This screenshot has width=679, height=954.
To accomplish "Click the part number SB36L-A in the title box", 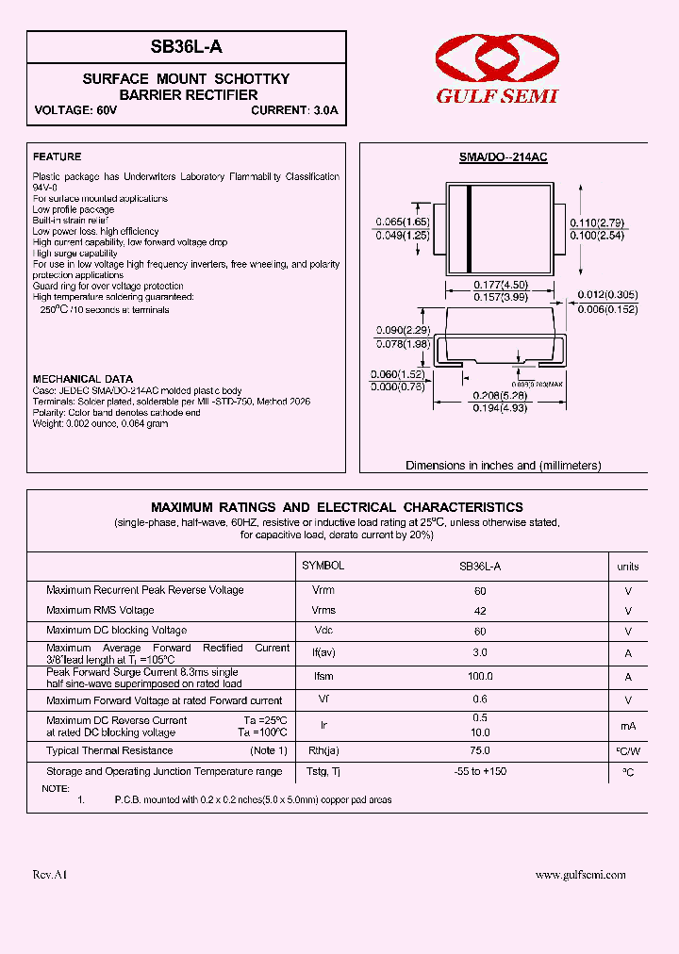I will coord(186,47).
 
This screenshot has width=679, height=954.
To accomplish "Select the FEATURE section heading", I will coord(58,156).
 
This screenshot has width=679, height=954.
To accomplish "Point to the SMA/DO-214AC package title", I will coord(504,157).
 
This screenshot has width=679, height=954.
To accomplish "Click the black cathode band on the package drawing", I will coord(469,230).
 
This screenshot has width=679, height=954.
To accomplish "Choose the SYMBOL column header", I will coord(323,566).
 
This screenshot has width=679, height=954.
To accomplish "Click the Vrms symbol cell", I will coord(323,610).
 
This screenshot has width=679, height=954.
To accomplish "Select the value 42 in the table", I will coord(480,610).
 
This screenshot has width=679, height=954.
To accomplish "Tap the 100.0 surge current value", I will coord(480,676).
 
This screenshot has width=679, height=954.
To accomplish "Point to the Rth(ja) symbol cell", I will coord(323,750).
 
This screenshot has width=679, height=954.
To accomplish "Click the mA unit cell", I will coord(627,726).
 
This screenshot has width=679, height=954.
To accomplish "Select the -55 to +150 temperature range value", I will coord(480,771).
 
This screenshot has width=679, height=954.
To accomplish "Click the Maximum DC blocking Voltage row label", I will coord(117,630).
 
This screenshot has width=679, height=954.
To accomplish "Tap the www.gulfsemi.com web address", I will coord(580,875).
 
